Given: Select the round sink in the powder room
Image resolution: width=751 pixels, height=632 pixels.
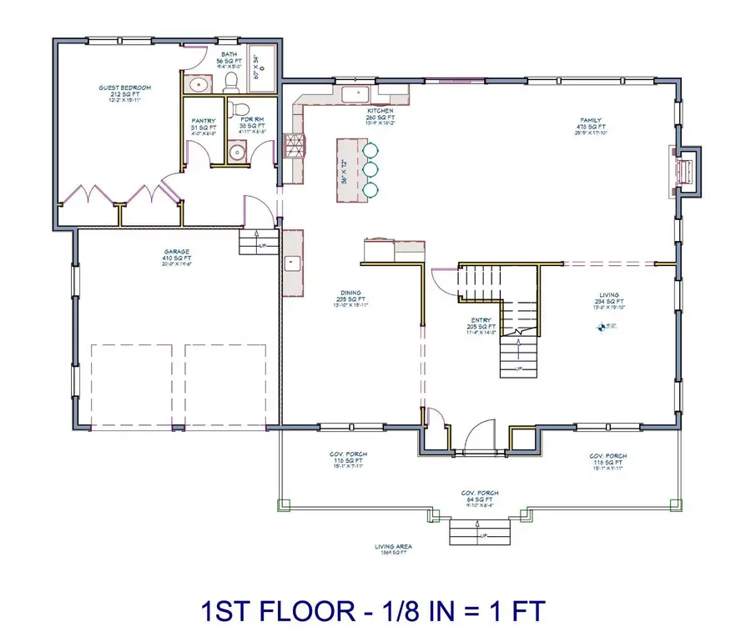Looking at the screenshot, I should [237, 152].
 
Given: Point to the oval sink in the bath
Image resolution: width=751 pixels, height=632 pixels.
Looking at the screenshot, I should [199, 84].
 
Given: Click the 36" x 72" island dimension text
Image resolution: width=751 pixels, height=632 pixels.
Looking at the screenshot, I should [343, 169].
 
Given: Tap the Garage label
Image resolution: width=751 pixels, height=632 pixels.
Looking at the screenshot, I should [176, 252].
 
